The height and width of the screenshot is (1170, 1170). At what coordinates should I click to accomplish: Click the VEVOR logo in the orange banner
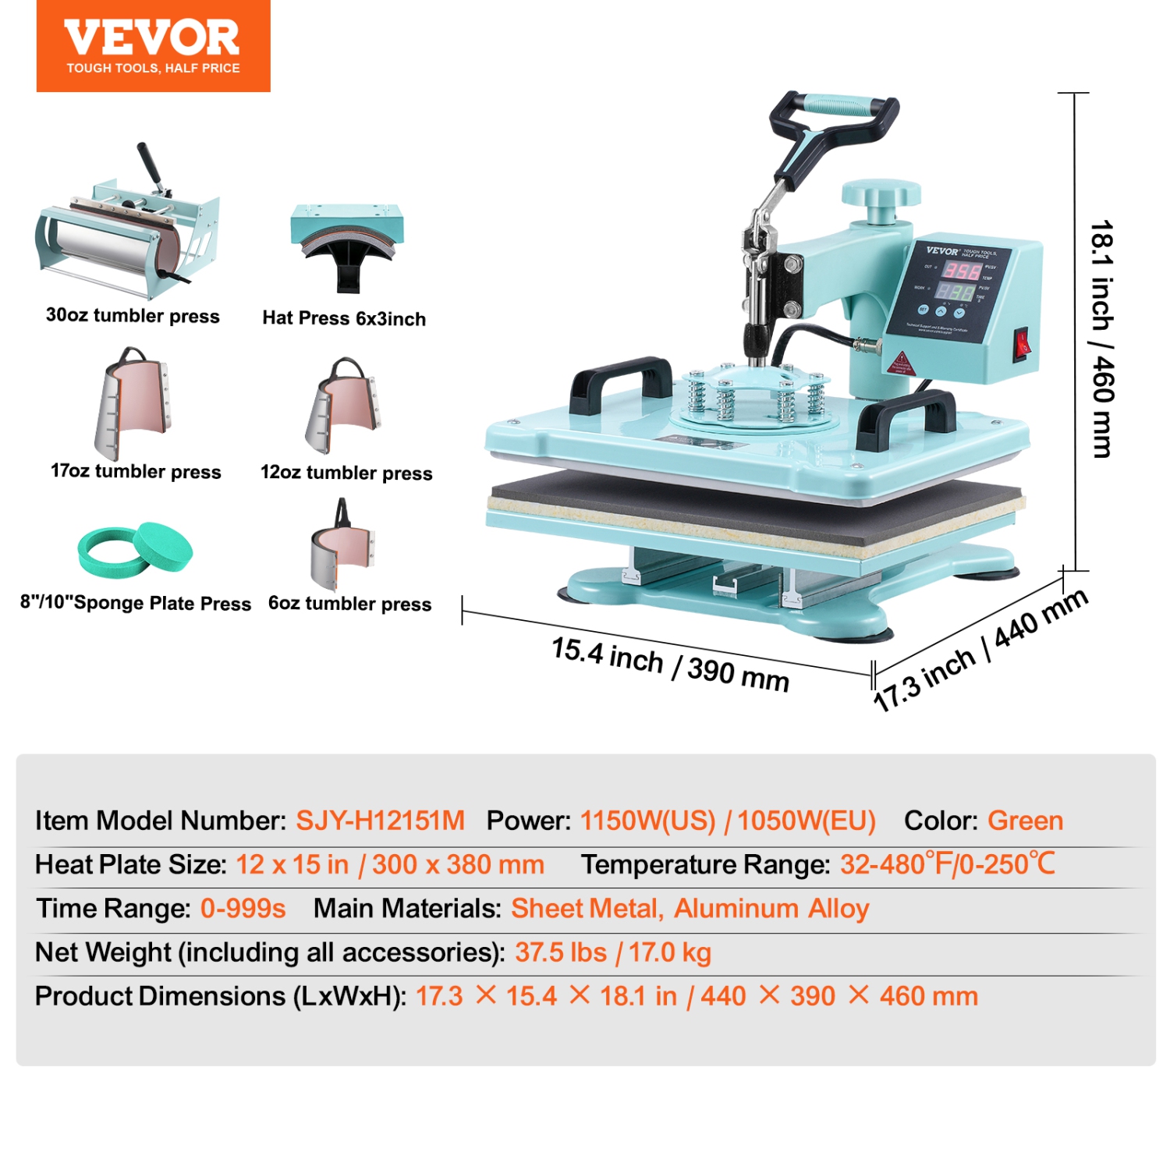click(x=152, y=39)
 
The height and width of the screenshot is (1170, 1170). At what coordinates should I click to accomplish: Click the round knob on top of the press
click(x=881, y=193)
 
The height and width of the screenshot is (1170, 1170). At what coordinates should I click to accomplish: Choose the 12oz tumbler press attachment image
click(x=343, y=406)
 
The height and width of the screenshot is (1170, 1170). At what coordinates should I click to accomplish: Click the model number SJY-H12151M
click(x=380, y=821)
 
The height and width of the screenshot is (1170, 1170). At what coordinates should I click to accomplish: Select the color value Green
click(x=1025, y=821)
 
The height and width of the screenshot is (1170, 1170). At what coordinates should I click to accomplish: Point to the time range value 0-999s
click(x=243, y=909)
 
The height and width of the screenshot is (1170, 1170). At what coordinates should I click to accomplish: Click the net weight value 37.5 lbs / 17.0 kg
click(x=613, y=952)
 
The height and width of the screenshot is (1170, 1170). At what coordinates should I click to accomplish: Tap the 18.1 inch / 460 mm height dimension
click(x=1102, y=339)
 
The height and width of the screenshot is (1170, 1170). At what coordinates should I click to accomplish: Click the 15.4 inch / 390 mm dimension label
click(x=670, y=665)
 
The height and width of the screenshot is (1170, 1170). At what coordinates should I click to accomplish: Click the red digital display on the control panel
click(x=960, y=271)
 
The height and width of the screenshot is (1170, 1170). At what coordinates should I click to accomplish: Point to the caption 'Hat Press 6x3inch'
click(x=344, y=318)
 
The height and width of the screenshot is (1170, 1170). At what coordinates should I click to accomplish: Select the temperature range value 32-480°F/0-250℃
click(x=947, y=864)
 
